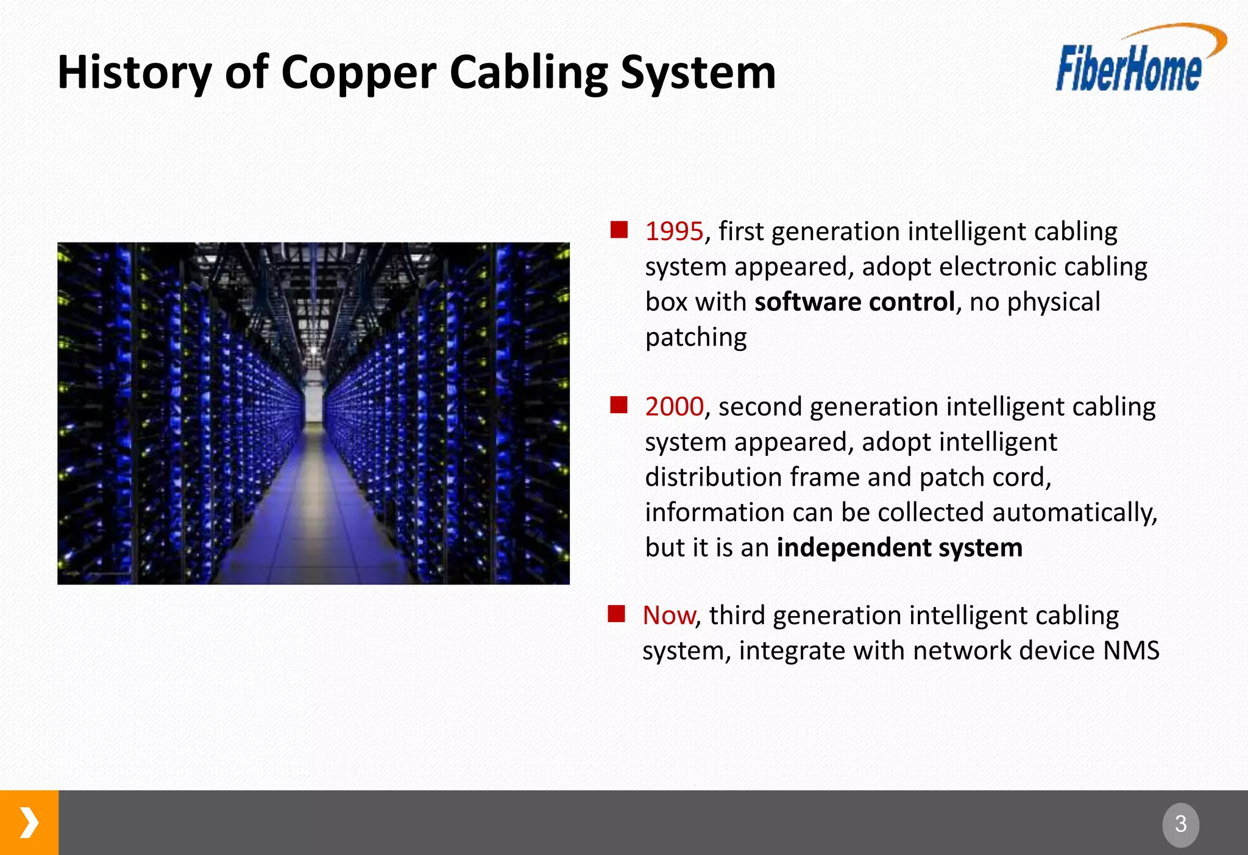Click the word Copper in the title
click(359, 73)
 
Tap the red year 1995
click(674, 232)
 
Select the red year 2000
click(674, 406)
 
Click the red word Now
click(668, 616)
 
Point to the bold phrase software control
click(854, 302)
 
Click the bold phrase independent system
click(899, 547)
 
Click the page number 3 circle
click(1180, 825)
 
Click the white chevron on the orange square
click(29, 823)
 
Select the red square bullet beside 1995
click(619, 230)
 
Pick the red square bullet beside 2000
click(619, 405)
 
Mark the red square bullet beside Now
click(616, 614)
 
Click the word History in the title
click(134, 73)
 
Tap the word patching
click(695, 337)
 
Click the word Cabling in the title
click(528, 73)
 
